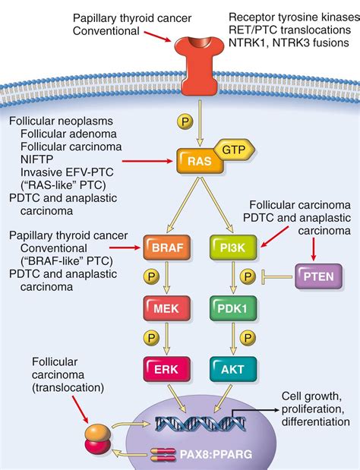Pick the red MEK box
point(165,308)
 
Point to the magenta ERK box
point(165,369)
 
